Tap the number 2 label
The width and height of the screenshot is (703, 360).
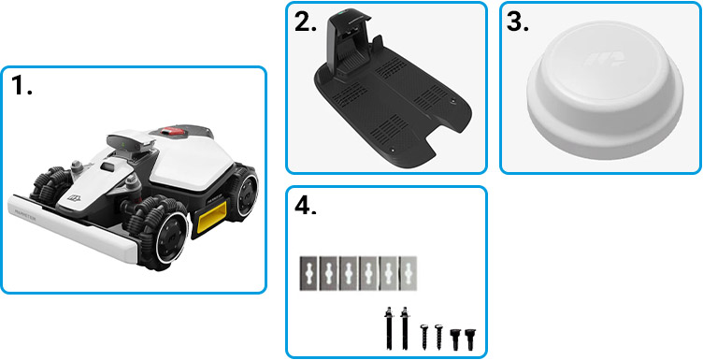[305, 23]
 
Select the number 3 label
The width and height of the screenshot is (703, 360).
[518, 23]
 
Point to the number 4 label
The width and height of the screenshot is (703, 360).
[306, 207]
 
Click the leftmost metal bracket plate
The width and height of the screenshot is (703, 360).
[310, 272]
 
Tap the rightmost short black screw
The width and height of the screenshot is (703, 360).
[469, 338]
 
